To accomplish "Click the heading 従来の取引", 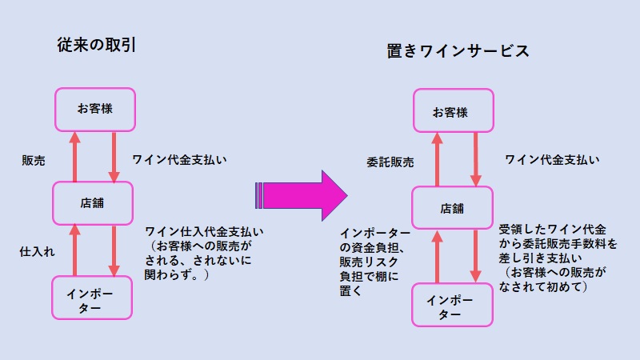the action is (x=96, y=45).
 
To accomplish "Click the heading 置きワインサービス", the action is (x=458, y=51).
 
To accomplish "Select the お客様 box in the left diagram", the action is (x=95, y=110).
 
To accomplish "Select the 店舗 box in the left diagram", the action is (x=93, y=203).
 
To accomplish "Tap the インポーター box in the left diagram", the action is (x=92, y=298).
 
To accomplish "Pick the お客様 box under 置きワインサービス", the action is (x=454, y=110).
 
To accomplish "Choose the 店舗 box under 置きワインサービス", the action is (x=452, y=208).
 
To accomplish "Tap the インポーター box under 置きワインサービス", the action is (x=452, y=305).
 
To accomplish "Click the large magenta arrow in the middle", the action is (x=302, y=195).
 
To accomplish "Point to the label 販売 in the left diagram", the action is (x=34, y=161).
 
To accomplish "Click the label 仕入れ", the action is (x=37, y=251).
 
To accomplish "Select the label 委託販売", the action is (x=390, y=162).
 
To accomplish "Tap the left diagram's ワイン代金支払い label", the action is (x=179, y=159).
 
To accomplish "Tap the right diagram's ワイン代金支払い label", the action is (x=552, y=159).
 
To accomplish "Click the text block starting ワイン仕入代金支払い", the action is (x=204, y=253).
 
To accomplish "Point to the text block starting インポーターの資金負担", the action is (x=374, y=262).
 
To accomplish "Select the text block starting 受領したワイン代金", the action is (x=558, y=258).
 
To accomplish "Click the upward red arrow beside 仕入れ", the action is (x=74, y=250).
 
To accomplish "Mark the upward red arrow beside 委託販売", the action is (x=437, y=159).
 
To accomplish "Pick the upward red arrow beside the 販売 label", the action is (x=74, y=157).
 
